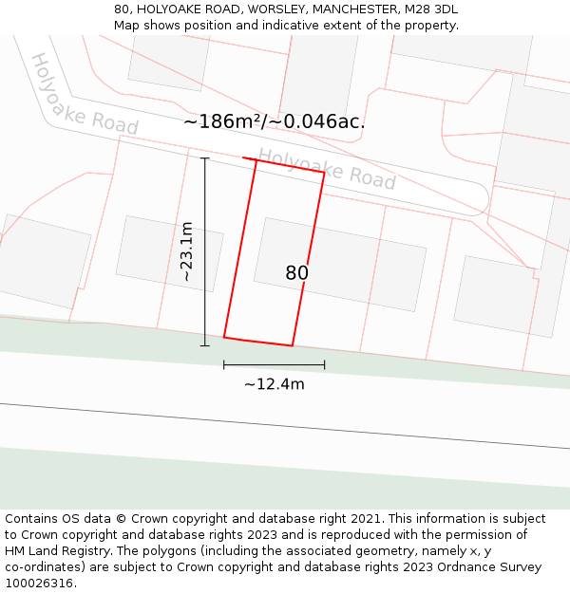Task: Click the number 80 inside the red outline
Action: coord(296,273)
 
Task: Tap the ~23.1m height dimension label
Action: coord(187,251)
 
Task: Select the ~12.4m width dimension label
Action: coord(275,384)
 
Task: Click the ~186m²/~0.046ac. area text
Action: coord(274,121)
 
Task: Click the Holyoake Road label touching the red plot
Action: coord(327,168)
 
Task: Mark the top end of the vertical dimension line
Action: coord(204,158)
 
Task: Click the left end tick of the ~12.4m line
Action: coord(224,364)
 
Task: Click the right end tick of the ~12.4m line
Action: coord(324,364)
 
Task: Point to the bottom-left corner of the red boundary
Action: coord(224,337)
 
